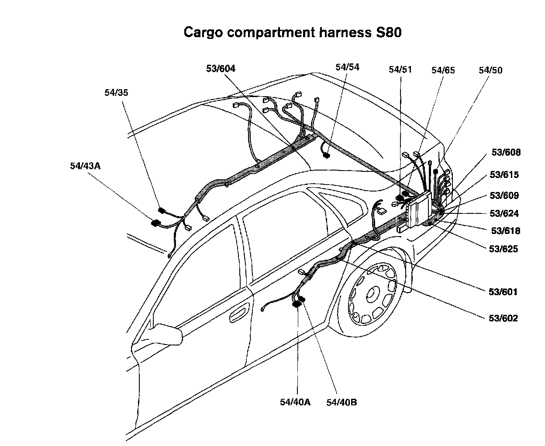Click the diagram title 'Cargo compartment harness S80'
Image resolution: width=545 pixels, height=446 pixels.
point(292,32)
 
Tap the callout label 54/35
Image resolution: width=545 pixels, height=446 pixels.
point(116,92)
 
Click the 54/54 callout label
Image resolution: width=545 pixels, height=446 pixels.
point(347,67)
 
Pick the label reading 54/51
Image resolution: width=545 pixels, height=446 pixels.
point(400,70)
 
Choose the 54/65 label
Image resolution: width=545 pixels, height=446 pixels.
point(443,70)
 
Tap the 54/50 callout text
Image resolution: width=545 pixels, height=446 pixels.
point(490,70)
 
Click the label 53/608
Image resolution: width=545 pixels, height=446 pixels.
point(506,152)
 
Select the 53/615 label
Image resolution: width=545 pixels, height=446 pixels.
point(504,174)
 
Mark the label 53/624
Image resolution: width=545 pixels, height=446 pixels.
point(504,213)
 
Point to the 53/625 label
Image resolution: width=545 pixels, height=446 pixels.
point(503,249)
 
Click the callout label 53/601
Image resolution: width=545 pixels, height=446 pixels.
point(503,292)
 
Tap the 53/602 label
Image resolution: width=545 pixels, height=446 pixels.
point(503,318)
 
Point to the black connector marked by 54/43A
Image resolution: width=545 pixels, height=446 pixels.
point(155,223)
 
